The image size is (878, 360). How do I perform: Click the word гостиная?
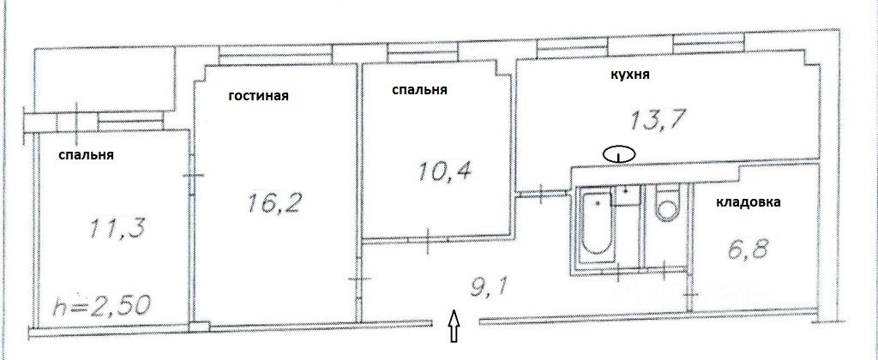[258, 96]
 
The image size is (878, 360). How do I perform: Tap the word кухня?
[629, 75]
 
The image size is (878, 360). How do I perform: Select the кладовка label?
[749, 203]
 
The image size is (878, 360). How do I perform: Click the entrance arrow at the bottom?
[455, 328]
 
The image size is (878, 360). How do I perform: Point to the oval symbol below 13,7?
[618, 154]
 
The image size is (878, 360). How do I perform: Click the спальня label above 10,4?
[419, 89]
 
